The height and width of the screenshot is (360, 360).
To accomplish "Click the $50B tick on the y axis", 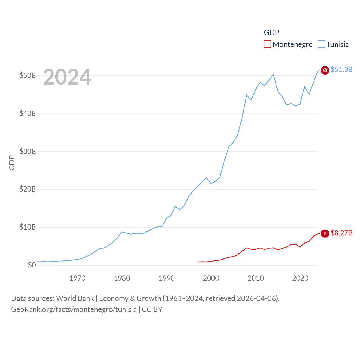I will tap(28, 75).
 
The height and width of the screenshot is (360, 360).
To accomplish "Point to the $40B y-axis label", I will tap(28, 113).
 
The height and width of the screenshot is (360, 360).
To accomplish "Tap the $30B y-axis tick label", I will tap(28, 151).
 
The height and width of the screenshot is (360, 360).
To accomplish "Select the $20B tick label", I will tap(28, 189).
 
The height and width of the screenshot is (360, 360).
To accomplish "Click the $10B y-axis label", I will tap(28, 227).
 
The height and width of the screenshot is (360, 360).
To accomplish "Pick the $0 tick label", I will tap(32, 265).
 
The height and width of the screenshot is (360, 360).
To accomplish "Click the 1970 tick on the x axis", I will tap(77, 278).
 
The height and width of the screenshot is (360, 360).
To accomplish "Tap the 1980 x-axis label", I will tap(122, 278).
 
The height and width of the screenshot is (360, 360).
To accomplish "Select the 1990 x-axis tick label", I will tap(166, 278).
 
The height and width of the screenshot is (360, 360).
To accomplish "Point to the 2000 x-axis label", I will tap(211, 278).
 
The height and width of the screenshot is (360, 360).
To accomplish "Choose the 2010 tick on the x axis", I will tap(256, 278).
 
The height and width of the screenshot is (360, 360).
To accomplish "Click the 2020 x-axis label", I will tap(300, 278).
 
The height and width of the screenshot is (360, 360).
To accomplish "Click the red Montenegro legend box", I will tap(267, 44).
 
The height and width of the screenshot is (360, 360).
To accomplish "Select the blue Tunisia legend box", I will tap(321, 44).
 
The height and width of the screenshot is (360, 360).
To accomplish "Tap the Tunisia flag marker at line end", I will tap(325, 70).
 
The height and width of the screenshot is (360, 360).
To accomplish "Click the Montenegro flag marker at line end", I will tap(325, 233).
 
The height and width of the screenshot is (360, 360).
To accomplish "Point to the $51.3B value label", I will tap(341, 69).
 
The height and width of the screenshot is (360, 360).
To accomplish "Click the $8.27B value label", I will tap(341, 233).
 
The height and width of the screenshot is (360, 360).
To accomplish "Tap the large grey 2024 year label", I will tap(67, 77).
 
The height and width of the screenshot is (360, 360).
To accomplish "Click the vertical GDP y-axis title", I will tap(12, 163).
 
